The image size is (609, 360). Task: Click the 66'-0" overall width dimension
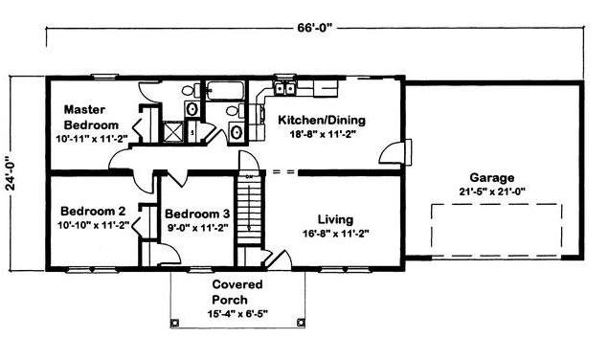click(315, 28)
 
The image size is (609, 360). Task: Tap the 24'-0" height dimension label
click(11, 173)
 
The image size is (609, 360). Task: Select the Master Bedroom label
click(91, 117)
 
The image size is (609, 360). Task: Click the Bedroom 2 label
click(93, 212)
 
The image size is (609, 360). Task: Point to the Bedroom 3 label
click(197, 214)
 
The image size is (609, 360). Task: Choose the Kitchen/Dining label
click(322, 120)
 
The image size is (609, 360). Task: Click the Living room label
click(335, 220)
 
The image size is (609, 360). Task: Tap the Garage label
click(492, 178)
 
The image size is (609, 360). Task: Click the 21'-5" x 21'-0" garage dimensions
click(492, 191)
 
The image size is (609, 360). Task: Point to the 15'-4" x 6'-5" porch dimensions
click(237, 314)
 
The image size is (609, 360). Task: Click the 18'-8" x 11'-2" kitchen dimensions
click(323, 134)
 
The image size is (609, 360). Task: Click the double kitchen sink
click(284, 88)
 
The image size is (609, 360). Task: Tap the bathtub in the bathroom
click(225, 91)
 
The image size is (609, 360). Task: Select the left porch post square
click(175, 323)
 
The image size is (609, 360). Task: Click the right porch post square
click(301, 323)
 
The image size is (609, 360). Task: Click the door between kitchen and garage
click(395, 152)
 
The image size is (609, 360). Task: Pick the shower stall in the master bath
click(172, 131)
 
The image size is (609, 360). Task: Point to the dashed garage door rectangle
click(496, 230)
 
